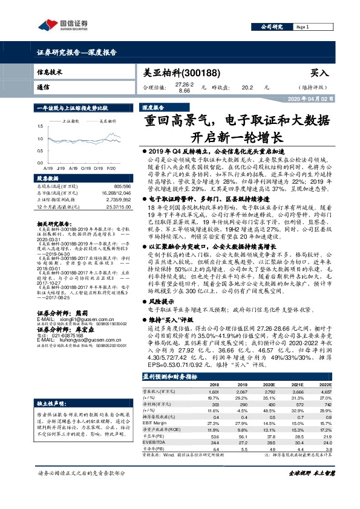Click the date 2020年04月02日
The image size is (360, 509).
pos(311,99)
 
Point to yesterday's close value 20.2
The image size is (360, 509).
pos(246,88)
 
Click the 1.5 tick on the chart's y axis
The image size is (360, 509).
pos(41,127)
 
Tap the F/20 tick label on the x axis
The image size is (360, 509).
pos(111,168)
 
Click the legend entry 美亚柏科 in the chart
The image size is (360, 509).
pos(107,121)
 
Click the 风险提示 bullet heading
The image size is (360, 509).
pos(161,300)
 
